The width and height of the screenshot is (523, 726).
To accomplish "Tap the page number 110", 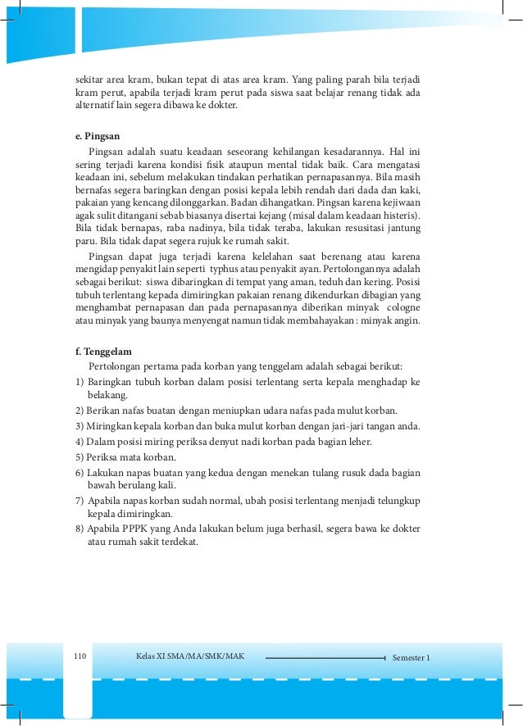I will pyautogui.click(x=80, y=656).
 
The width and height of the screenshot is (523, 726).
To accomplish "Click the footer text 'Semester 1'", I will pyautogui.click(x=412, y=657).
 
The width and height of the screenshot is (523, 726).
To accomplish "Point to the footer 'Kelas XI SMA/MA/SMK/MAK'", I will pyautogui.click(x=190, y=656).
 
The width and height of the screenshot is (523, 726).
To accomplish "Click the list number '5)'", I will pyautogui.click(x=80, y=456).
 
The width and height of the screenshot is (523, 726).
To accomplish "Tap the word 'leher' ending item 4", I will pyautogui.click(x=357, y=441).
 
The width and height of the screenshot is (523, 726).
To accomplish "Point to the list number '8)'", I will pyautogui.click(x=80, y=529).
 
